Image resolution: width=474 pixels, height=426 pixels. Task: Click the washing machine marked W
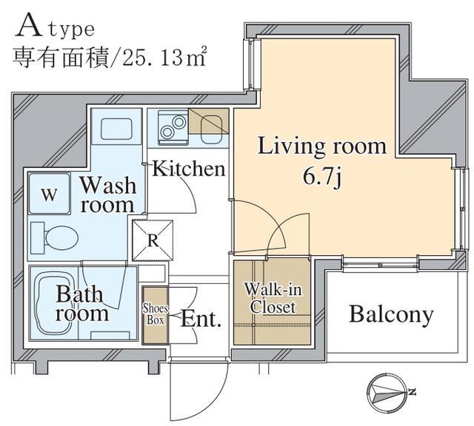50,194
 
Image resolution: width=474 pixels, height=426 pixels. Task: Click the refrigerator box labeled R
153,240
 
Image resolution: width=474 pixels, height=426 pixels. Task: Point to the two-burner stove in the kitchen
173,126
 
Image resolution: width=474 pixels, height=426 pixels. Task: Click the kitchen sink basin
211,130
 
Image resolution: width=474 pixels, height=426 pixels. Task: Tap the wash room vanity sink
116,129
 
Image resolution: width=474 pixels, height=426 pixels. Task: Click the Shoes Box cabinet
155,315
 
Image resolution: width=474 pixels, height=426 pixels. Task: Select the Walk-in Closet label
273,298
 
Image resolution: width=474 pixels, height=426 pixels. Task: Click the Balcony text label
391,315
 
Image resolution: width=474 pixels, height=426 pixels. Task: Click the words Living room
321,146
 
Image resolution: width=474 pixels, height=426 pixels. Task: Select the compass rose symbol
387,393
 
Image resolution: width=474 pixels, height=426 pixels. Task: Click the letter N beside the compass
412,392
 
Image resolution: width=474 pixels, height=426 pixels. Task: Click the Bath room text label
81,303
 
